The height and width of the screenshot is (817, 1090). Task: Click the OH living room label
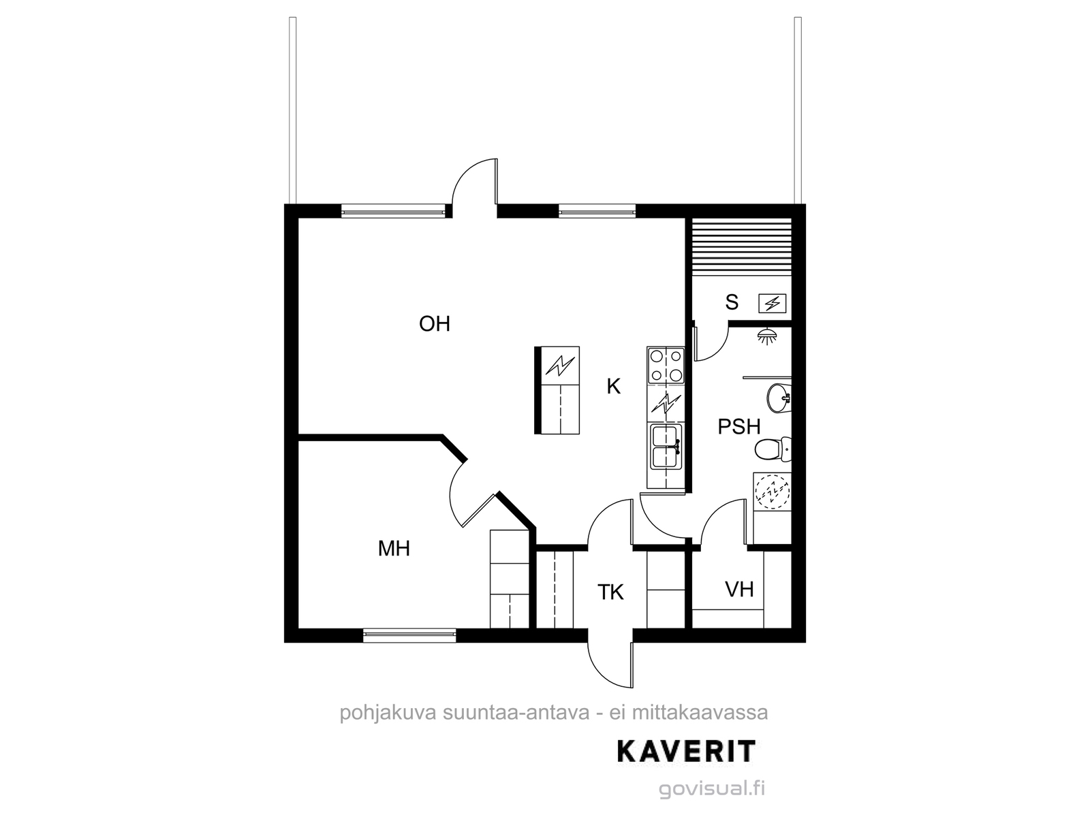tap(435, 324)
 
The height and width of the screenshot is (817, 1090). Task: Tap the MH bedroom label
tap(394, 549)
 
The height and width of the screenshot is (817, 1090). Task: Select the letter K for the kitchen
tap(614, 386)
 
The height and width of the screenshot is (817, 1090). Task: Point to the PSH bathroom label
tap(739, 427)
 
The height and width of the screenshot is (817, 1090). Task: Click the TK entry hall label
tap(610, 592)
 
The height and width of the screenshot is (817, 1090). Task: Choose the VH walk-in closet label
tap(739, 590)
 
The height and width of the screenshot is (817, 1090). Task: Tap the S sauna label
tap(732, 302)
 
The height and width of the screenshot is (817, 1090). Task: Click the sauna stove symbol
tap(772, 303)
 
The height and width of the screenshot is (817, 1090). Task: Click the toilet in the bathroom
tap(773, 449)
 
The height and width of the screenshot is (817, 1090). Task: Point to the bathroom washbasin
tap(779, 398)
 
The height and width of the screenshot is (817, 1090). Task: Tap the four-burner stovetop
tap(666, 366)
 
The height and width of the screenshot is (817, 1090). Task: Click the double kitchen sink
tap(666, 446)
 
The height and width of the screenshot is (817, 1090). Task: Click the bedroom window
tap(409, 635)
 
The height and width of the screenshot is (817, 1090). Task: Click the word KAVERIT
tap(686, 752)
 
